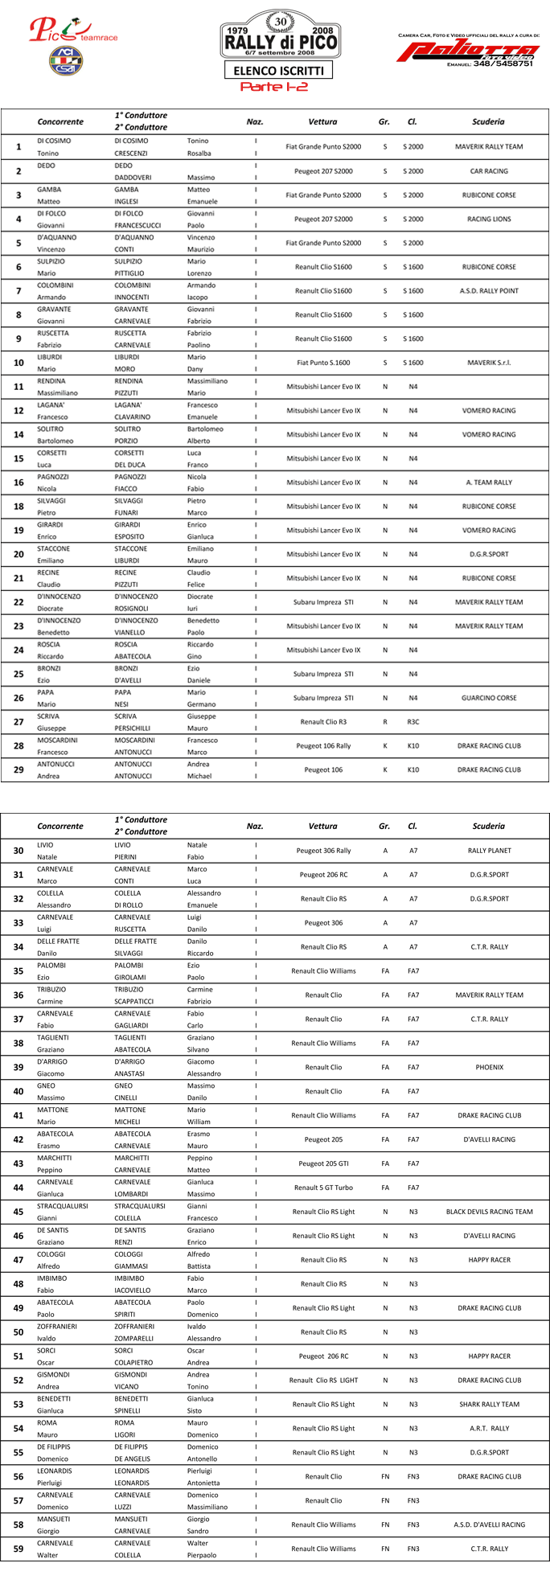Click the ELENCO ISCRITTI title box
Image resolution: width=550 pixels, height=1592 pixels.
click(278, 71)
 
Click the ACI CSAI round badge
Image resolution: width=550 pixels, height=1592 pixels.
click(60, 60)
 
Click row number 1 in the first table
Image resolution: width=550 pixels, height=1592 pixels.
click(18, 147)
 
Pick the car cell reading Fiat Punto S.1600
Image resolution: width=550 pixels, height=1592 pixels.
click(323, 363)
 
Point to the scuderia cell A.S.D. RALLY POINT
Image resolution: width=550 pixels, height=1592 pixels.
click(489, 291)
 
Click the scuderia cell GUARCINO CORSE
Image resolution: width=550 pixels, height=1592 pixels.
click(489, 698)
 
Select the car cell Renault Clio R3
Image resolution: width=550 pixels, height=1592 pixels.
click(323, 722)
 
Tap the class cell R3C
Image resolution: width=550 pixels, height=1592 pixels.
click(412, 722)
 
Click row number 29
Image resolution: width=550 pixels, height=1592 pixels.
click(18, 770)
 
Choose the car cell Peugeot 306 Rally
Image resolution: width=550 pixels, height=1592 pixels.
click(323, 851)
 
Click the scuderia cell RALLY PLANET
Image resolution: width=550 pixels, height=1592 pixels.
click(489, 851)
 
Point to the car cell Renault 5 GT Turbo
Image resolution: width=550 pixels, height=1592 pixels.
click(323, 1188)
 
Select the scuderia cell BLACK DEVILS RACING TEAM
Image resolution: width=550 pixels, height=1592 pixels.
click(489, 1212)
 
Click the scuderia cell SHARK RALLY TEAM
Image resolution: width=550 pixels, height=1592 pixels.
click(489, 1404)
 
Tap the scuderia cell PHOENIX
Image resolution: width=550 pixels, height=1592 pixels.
click(489, 1067)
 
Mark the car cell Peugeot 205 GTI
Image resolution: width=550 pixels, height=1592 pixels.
click(323, 1163)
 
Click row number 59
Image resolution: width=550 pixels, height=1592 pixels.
click(18, 1549)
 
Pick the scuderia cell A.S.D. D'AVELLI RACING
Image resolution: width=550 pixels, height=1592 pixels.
click(489, 1524)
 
